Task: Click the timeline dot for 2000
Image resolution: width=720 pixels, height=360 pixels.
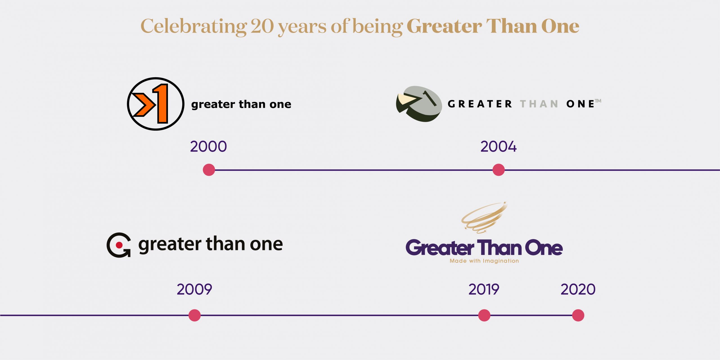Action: tap(209, 170)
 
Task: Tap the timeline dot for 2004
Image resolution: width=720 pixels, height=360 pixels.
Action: tap(498, 170)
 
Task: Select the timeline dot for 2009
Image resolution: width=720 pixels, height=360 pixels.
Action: tap(194, 315)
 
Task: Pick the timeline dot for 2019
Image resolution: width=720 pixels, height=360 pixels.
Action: tap(484, 315)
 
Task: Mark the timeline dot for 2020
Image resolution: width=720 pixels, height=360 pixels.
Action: tap(578, 315)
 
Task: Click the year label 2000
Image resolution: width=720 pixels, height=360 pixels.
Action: tap(208, 147)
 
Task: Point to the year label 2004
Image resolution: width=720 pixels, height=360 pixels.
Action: tap(498, 147)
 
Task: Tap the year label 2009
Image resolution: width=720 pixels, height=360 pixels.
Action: tap(194, 289)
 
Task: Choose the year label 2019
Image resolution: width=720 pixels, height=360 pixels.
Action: tap(484, 289)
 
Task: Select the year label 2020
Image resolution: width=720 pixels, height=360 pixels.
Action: tap(578, 289)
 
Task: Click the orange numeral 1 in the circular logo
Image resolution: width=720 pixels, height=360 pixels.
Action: tap(161, 103)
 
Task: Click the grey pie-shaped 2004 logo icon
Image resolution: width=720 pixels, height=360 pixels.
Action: tap(419, 104)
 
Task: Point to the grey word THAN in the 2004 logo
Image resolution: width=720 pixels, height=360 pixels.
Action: tap(539, 104)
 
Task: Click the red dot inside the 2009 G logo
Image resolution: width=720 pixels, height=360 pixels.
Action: tap(119, 245)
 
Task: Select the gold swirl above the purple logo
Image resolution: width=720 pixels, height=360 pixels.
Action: tap(484, 217)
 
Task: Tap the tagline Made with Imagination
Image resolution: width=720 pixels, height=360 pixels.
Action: tap(484, 261)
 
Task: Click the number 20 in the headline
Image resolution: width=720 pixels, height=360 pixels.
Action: tap(262, 26)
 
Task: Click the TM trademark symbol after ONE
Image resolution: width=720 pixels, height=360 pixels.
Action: tap(598, 101)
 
